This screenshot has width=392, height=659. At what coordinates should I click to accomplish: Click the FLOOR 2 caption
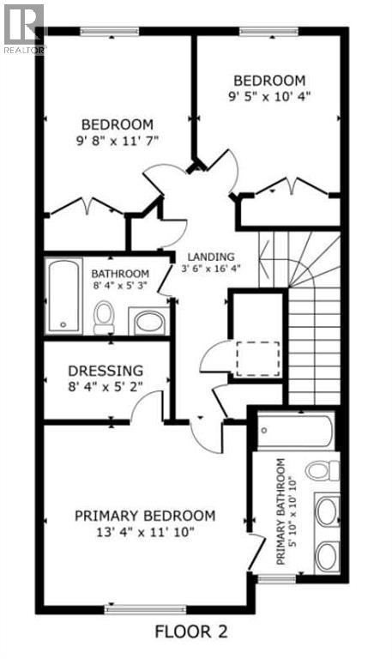point(190,633)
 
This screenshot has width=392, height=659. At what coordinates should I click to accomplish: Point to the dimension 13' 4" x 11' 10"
point(144,532)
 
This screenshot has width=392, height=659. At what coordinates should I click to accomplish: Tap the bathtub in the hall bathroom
point(62,295)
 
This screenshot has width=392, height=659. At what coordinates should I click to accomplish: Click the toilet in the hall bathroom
point(104,317)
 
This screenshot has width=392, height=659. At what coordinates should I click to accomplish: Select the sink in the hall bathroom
point(148,322)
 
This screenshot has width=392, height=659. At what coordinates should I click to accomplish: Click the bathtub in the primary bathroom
point(294,432)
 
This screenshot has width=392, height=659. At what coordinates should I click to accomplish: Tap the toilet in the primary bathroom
point(322,470)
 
